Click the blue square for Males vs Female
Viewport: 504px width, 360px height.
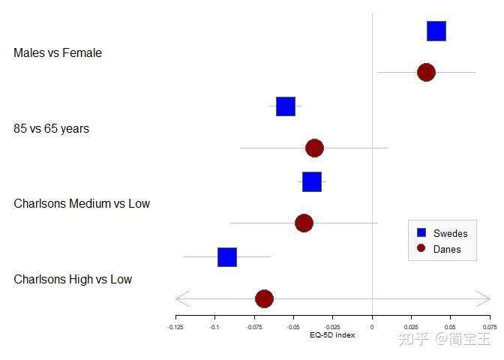pos(436,31)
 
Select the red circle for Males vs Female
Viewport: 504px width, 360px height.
pos(426,73)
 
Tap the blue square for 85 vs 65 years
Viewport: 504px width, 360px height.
pos(285,106)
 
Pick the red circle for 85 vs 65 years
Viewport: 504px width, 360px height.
pos(314,148)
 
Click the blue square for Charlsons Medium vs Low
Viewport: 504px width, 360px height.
pos(312,182)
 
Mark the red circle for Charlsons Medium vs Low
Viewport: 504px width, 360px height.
pos(304,223)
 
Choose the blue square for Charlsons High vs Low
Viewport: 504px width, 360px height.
pos(227,257)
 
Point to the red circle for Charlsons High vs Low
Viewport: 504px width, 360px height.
pos(264,298)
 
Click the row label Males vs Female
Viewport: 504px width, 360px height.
pos(58,53)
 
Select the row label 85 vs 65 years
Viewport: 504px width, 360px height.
pos(51,129)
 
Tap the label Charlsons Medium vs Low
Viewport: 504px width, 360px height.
pos(82,204)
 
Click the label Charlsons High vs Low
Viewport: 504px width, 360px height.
pos(73,280)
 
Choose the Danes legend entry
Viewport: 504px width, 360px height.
pos(447,249)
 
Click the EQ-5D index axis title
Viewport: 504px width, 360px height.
pos(332,335)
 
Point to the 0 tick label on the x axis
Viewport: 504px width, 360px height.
pos(372,327)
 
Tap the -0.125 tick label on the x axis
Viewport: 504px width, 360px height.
pos(175,327)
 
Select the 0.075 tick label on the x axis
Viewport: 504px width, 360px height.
pos(490,327)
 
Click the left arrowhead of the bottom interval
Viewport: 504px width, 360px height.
pos(180,298)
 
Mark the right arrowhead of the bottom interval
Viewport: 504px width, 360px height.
pos(485,298)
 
